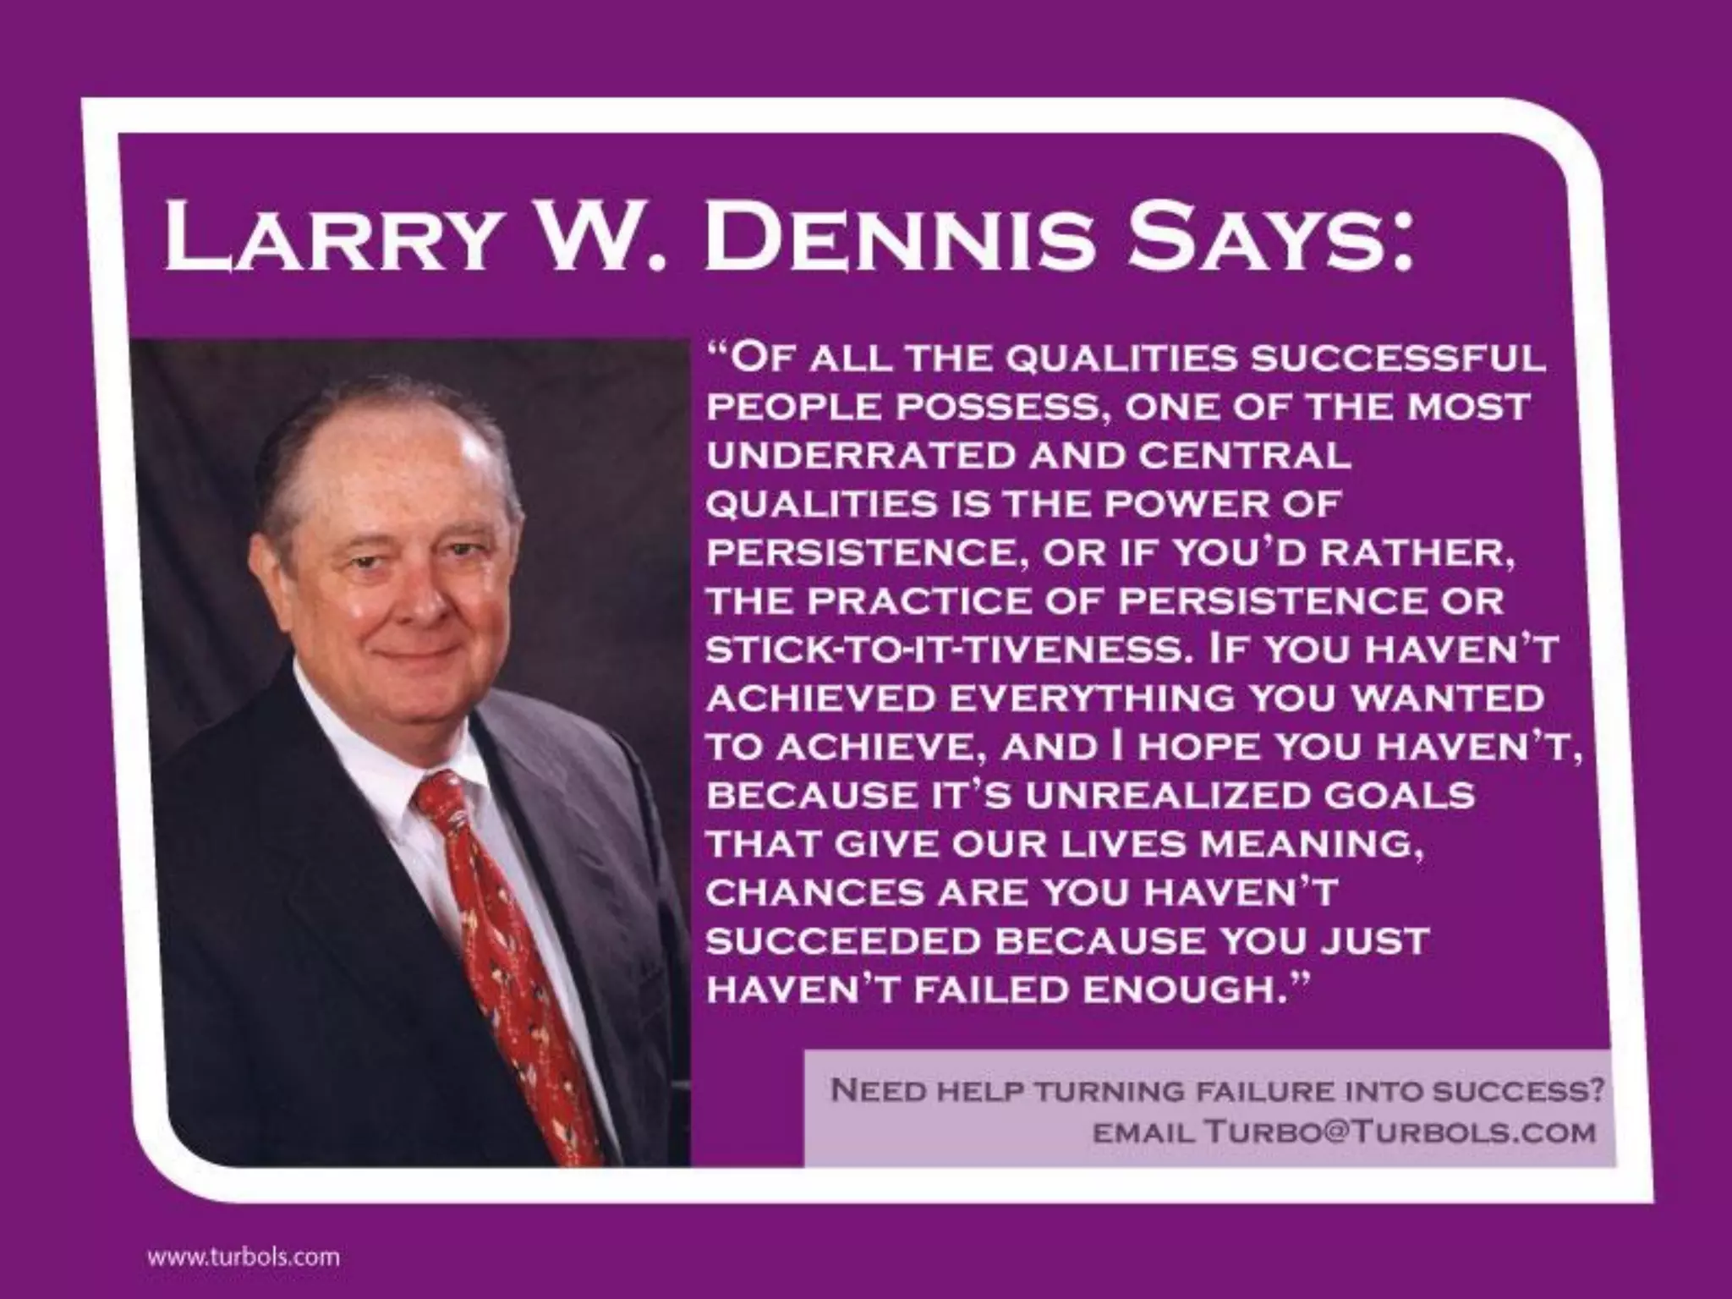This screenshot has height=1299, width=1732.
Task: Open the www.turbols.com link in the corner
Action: [x=244, y=1256]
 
